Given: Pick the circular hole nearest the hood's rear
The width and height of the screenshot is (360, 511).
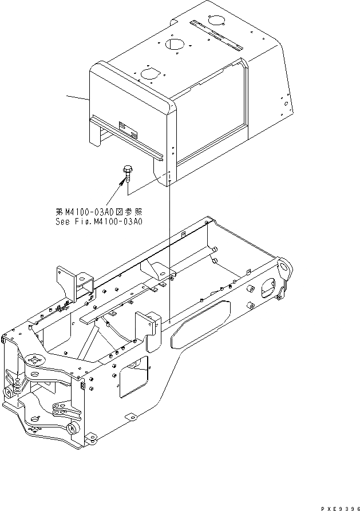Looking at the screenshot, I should pyautogui.click(x=218, y=20).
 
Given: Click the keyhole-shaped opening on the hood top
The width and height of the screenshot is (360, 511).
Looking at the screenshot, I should pyautogui.click(x=149, y=73).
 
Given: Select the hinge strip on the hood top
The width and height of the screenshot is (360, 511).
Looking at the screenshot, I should pyautogui.click(x=216, y=35).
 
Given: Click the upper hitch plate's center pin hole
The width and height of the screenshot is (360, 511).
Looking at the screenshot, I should pyautogui.click(x=35, y=360).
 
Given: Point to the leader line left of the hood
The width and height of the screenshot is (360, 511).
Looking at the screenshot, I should pyautogui.click(x=77, y=97).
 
